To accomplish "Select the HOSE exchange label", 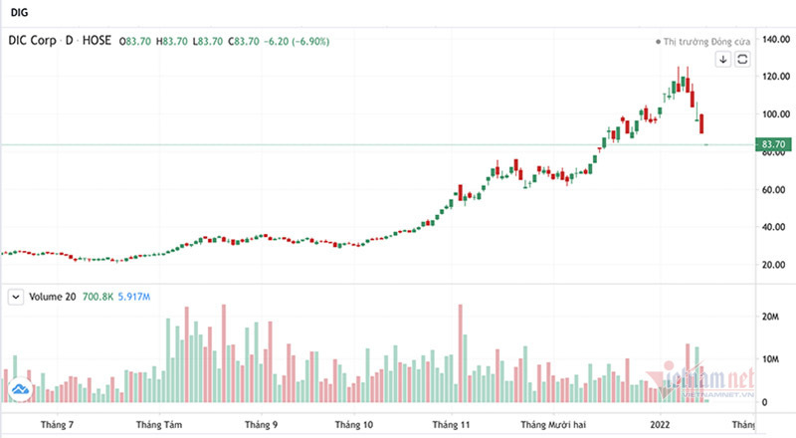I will (97, 41).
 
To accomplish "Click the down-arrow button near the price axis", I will (723, 60).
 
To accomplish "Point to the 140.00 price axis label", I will (774, 39).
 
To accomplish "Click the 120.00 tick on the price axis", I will (774, 77).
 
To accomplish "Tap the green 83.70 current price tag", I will (773, 145).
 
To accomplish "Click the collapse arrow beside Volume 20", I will (16, 297).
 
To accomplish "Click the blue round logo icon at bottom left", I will (18, 389).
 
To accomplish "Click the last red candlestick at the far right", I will (702, 124).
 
